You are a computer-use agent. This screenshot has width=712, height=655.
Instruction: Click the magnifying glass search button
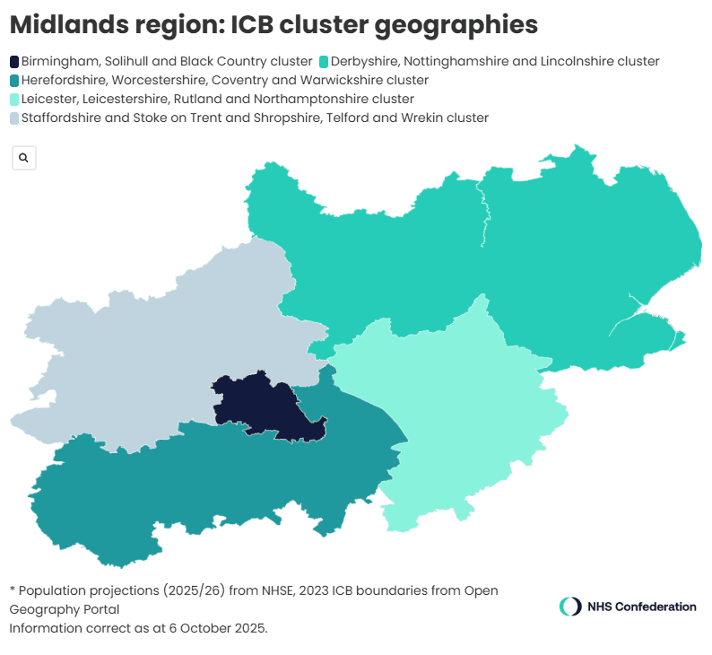pos(23,158)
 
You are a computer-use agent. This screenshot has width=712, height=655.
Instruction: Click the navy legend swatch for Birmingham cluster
pos(14,62)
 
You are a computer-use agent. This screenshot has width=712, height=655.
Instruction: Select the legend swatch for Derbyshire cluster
pos(324,62)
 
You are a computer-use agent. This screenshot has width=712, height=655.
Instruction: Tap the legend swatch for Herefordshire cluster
pos(14,81)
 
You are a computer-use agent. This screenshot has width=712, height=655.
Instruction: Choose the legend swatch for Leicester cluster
pos(14,100)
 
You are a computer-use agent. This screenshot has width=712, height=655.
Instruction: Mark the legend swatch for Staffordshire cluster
pos(14,118)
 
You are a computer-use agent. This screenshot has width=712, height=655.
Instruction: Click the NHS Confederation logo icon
pos(570,607)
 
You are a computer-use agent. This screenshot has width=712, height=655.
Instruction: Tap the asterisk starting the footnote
pos(13,589)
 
